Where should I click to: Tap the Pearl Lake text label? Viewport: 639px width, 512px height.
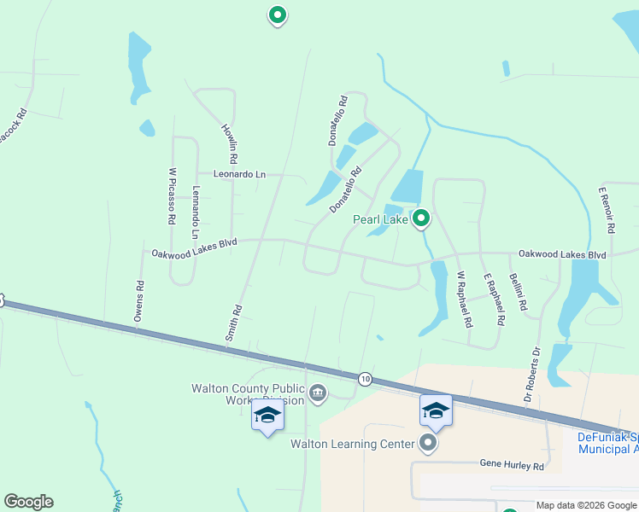381,220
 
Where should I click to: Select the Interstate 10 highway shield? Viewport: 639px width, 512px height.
365,378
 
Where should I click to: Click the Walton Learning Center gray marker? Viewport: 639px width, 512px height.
428,443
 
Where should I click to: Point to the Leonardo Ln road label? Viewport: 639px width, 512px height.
240,174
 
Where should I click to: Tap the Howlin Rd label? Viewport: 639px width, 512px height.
229,144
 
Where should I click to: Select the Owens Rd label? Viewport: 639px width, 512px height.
138,301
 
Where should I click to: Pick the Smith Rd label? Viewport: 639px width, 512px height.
233,323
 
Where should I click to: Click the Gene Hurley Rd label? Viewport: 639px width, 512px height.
511,467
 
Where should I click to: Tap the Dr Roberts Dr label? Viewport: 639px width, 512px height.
532,375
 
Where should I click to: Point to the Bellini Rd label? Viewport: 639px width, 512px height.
518,292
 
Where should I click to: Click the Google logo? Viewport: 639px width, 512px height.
28,502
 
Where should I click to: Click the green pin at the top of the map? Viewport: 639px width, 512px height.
277,15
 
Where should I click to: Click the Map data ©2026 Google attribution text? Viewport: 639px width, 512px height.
586,505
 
